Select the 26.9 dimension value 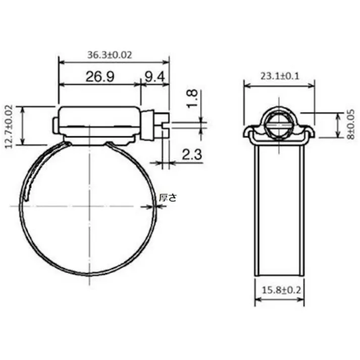tap(99, 77)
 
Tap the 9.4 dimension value tap(154, 77)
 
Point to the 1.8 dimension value tap(191, 99)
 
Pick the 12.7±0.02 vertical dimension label tap(9, 126)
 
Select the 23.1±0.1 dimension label tap(280, 76)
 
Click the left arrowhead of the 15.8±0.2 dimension tap(257, 300)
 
